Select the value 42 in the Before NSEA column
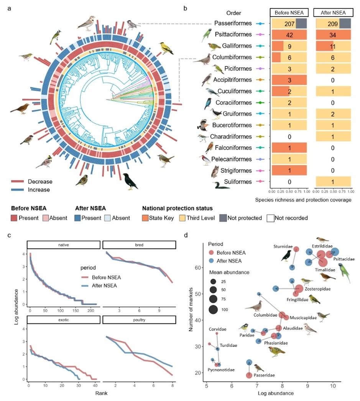[x=289, y=35]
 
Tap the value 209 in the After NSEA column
[x=333, y=24]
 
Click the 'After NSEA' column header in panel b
[x=332, y=13]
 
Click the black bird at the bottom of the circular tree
[x=130, y=181]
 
